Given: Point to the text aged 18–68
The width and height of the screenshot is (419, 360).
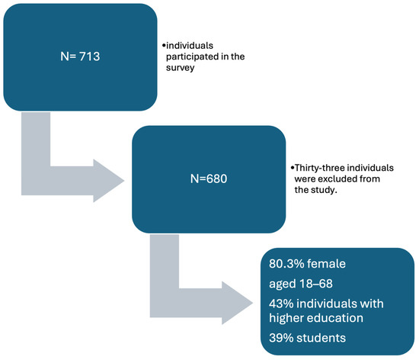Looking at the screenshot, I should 298,284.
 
